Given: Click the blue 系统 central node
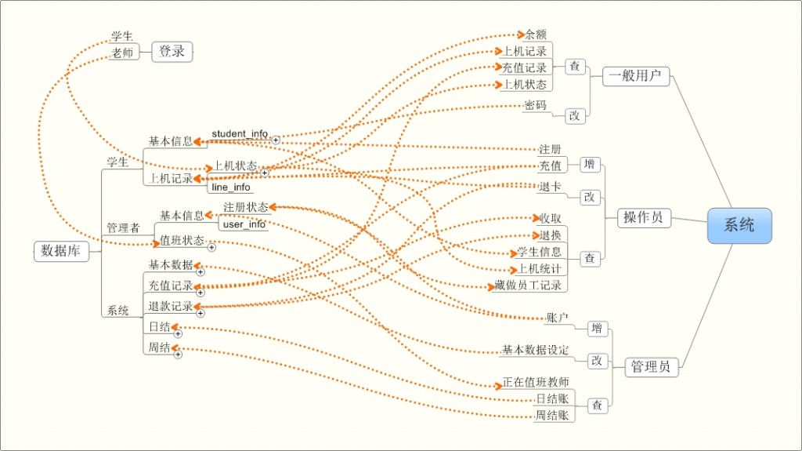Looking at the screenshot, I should pyautogui.click(x=739, y=225).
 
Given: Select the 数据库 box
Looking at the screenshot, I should pyautogui.click(x=61, y=250).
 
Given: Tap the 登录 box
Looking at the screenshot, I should pyautogui.click(x=172, y=52).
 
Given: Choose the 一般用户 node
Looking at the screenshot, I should pyautogui.click(x=636, y=76).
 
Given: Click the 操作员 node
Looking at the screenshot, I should pyautogui.click(x=643, y=217).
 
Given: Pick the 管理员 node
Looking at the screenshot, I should pyautogui.click(x=650, y=366).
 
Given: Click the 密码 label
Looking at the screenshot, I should pyautogui.click(x=535, y=105).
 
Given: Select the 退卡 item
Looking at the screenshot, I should pyautogui.click(x=550, y=187).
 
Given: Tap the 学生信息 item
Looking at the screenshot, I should pyautogui.click(x=540, y=252).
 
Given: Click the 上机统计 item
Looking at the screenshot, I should pyautogui.click(x=540, y=269).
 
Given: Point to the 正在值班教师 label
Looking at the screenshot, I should pyautogui.click(x=536, y=383).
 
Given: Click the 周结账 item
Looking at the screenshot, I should pyautogui.click(x=551, y=415).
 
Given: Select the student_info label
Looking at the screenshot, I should pyautogui.click(x=240, y=134).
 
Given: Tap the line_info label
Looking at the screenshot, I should pyautogui.click(x=231, y=187).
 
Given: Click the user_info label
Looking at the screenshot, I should pyautogui.click(x=244, y=224).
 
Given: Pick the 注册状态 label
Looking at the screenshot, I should pyautogui.click(x=245, y=207).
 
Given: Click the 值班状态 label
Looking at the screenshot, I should pyautogui.click(x=182, y=240).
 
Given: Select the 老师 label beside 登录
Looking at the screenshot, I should pyautogui.click(x=122, y=53).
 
